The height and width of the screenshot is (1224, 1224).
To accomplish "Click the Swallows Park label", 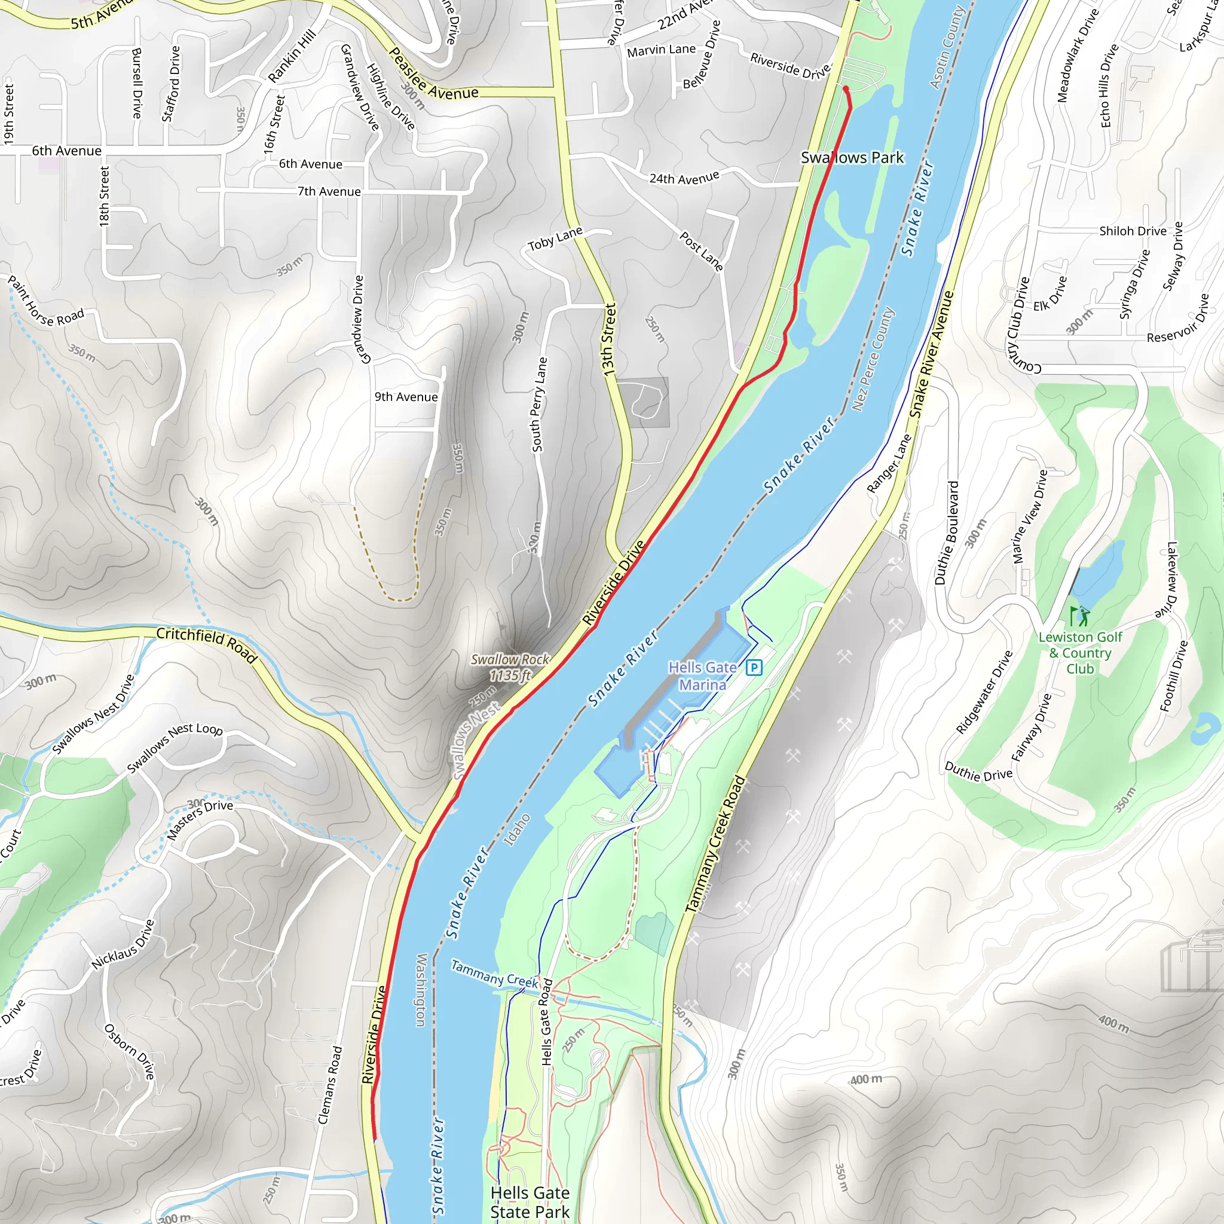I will click(x=852, y=158).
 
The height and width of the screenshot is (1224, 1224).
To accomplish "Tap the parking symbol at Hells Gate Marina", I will click(x=754, y=667).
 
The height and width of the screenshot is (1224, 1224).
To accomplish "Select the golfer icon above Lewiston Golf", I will click(x=1079, y=616).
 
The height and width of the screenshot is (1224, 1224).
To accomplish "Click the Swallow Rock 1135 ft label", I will click(x=510, y=668).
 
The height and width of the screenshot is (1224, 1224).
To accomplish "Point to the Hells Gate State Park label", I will click(x=530, y=1202).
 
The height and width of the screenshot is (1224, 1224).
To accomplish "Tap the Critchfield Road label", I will click(x=207, y=644).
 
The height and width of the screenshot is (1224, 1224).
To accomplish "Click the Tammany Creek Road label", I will click(x=715, y=844).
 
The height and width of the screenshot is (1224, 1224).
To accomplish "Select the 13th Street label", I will click(x=609, y=339).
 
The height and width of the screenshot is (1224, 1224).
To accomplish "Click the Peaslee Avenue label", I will click(x=433, y=75).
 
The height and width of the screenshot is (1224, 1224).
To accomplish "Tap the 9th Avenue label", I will click(x=406, y=397).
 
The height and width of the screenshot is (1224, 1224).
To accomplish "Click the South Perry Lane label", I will click(x=539, y=405).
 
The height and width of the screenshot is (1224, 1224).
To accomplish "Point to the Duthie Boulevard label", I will click(x=947, y=532).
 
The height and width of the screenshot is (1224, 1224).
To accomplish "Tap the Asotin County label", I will click(x=947, y=48).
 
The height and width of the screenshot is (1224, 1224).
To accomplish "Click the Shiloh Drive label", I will click(x=1133, y=231).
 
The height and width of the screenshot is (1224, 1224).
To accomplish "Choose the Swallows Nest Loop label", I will click(x=175, y=748).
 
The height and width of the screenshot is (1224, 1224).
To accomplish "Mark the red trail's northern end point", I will click(x=846, y=88).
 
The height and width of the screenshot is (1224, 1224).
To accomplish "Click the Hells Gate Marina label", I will click(x=703, y=676).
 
